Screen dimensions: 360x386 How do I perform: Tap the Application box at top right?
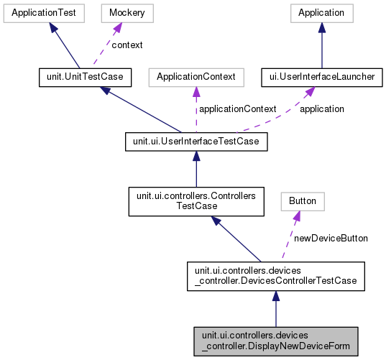pos(321,12)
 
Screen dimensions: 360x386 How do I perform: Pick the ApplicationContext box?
pos(196,77)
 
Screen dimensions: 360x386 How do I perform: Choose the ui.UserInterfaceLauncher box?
pos(321,77)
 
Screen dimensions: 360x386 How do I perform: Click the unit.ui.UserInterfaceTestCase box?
pos(196,142)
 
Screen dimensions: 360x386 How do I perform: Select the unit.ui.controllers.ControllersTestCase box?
pos(196,199)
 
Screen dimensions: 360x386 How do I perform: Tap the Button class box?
pos(301,199)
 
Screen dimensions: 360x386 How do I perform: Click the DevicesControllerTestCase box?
pos(275,275)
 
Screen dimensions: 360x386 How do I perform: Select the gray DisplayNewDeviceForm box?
pos(275,340)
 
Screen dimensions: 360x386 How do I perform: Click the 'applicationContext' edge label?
pos(237,109)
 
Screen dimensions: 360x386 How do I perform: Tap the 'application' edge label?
pos(321,109)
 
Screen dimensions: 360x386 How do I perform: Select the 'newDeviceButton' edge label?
pos(331,238)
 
